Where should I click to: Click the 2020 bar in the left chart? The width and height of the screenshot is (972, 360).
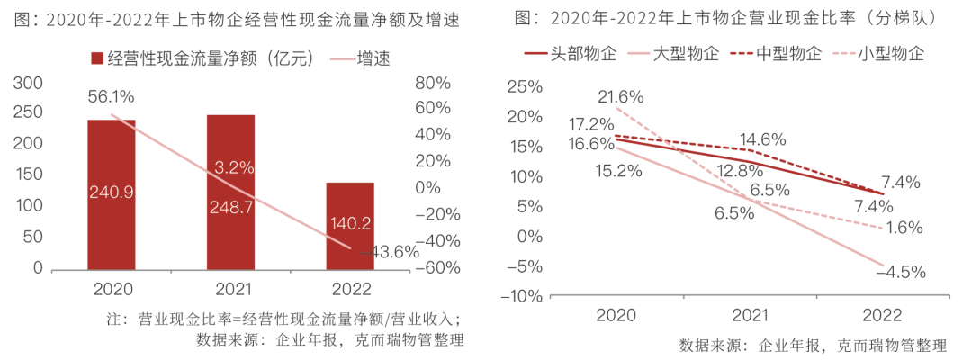point(112,193)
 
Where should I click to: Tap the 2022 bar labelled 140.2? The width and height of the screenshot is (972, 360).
point(350,225)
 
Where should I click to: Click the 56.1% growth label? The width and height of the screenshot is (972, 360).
point(112,96)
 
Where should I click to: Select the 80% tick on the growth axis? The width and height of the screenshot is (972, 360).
point(432,84)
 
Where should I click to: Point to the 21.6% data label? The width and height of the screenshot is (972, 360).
point(620,96)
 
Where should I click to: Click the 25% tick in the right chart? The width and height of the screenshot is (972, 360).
point(525,87)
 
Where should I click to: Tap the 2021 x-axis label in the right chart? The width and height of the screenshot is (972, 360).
point(750,315)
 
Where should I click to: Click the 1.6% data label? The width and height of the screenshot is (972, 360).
point(903,228)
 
